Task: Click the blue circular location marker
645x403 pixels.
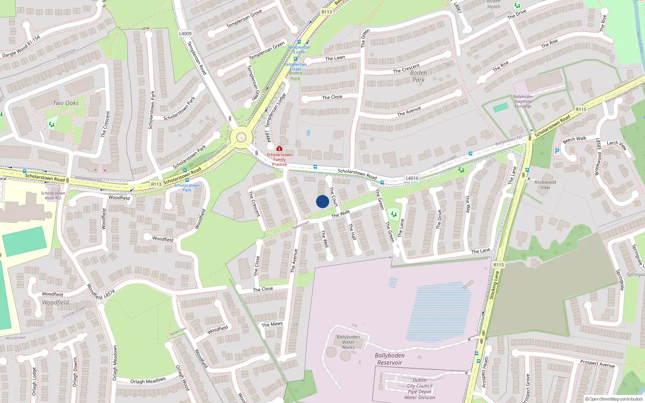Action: point(322,201)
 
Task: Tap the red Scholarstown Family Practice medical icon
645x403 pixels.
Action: point(279,149)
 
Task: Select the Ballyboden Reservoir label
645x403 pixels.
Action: point(389,359)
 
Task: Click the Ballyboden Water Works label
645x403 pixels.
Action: point(348,342)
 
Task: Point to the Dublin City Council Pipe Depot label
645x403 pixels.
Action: point(419,388)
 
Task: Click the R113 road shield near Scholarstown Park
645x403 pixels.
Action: point(156,184)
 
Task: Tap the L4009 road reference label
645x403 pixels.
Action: point(185,33)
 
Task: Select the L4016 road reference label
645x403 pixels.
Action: point(412,178)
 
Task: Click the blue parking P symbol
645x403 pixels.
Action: point(557,151)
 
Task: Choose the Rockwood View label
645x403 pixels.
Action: point(545,185)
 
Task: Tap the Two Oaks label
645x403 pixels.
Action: point(66,103)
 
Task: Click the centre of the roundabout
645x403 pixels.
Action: point(241,138)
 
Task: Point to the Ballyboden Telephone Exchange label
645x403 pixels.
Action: point(523,102)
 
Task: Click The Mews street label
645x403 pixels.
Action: point(272,324)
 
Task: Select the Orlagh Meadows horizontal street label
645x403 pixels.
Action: point(148,381)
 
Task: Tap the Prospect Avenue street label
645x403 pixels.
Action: point(597,364)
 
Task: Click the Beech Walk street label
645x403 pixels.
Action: point(574,139)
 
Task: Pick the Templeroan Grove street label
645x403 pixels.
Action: point(244,19)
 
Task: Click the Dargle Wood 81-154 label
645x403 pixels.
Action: point(21,47)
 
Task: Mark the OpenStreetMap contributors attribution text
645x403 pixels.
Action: point(614,399)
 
